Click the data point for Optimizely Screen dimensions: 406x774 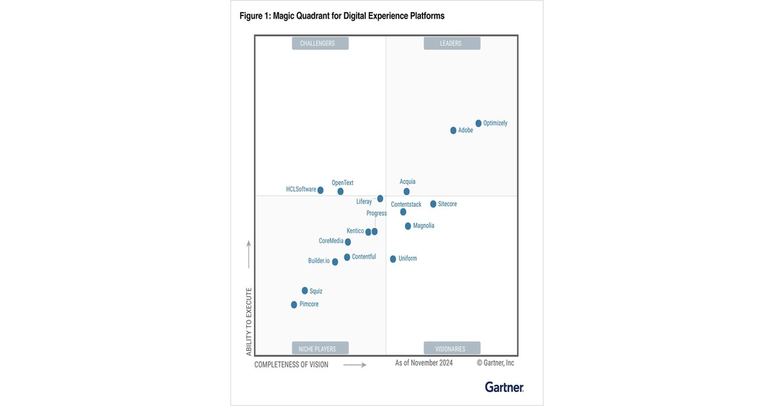(x=479, y=123)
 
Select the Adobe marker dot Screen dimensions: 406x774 (x=453, y=130)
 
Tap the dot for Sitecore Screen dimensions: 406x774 (x=433, y=204)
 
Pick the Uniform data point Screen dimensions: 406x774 (x=393, y=259)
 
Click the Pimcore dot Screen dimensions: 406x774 (x=294, y=305)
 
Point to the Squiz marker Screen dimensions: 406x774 (x=305, y=291)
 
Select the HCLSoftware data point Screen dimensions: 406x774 (x=321, y=190)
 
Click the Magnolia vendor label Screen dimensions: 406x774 (x=424, y=226)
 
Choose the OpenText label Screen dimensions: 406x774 (x=342, y=183)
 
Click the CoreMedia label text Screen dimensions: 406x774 (x=331, y=241)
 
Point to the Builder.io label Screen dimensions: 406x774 (x=319, y=261)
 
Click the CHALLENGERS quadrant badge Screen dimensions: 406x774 (x=320, y=43)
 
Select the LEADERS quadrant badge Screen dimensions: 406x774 (x=451, y=43)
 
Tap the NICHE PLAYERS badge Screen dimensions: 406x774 (x=320, y=349)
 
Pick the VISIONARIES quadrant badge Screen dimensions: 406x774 (x=451, y=349)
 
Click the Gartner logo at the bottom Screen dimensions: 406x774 (x=504, y=387)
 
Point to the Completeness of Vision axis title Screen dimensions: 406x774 (x=292, y=365)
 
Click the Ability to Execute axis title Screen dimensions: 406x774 (x=248, y=326)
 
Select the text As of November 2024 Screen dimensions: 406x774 (x=424, y=363)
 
